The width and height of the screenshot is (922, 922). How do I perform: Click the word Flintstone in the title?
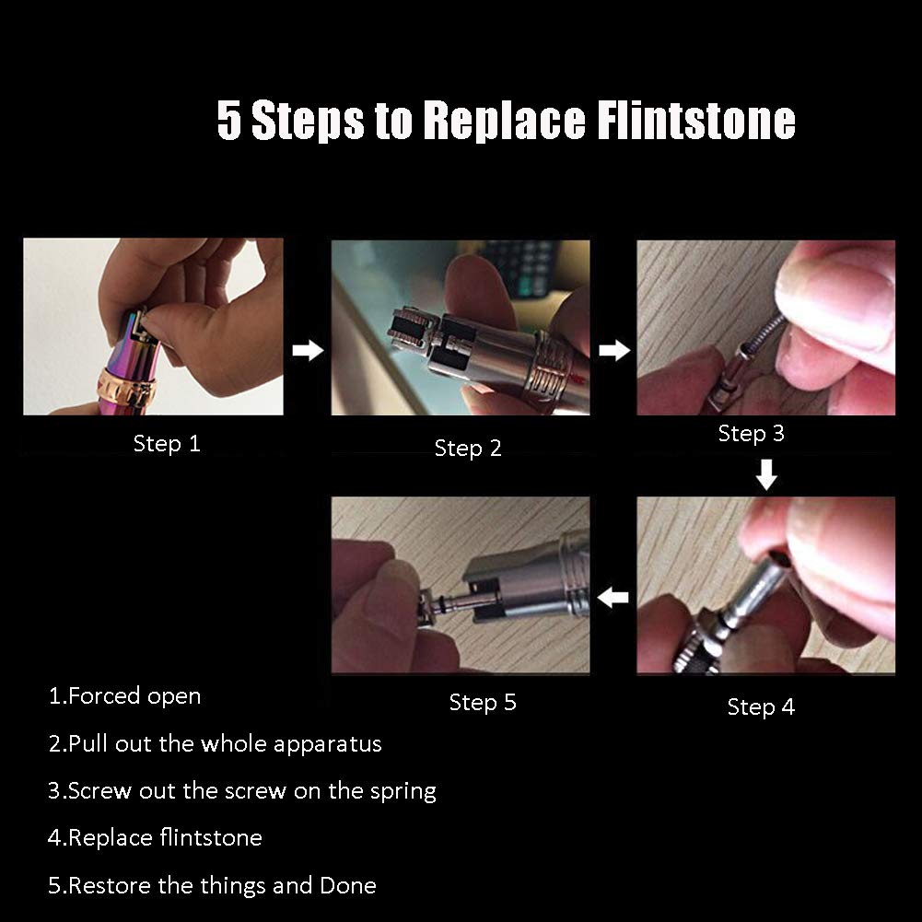pyautogui.click(x=696, y=120)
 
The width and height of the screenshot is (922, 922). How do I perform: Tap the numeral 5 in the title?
pyautogui.click(x=229, y=120)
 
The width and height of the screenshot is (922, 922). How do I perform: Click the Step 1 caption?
pyautogui.click(x=167, y=443)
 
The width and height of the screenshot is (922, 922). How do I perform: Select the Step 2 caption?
pyautogui.click(x=468, y=448)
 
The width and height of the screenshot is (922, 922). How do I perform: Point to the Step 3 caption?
pyautogui.click(x=752, y=433)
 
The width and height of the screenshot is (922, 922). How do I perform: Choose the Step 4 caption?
pyautogui.click(x=761, y=706)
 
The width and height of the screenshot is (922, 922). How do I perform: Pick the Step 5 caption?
pyautogui.click(x=483, y=702)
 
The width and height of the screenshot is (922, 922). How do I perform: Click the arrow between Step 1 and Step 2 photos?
pyautogui.click(x=309, y=350)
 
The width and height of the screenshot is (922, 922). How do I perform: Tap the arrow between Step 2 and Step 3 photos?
pyautogui.click(x=614, y=350)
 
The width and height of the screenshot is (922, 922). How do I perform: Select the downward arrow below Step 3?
pyautogui.click(x=766, y=474)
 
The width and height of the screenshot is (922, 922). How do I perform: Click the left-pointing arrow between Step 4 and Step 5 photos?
pyautogui.click(x=613, y=598)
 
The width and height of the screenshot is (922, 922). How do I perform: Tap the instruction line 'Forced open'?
pyautogui.click(x=124, y=696)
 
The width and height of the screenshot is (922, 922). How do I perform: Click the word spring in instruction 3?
pyautogui.click(x=403, y=791)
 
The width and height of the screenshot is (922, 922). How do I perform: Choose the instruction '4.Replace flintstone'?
pyautogui.click(x=156, y=838)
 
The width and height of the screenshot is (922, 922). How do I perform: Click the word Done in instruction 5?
pyautogui.click(x=348, y=885)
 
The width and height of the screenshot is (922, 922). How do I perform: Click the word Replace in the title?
pyautogui.click(x=505, y=120)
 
